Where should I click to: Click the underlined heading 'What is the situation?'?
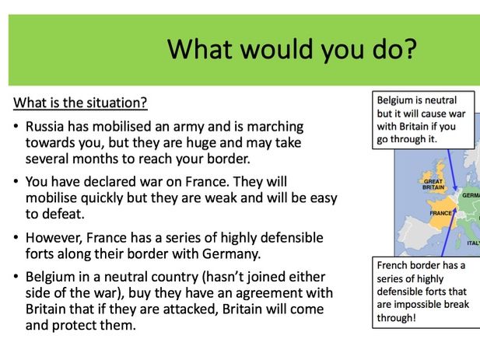(x=81, y=103)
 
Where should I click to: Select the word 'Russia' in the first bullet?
(x=45, y=126)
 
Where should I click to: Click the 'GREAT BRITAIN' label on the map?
(x=433, y=183)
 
